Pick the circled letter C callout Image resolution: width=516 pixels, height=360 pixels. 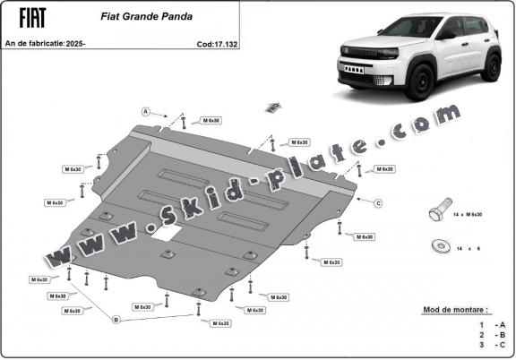(x=378, y=203)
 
